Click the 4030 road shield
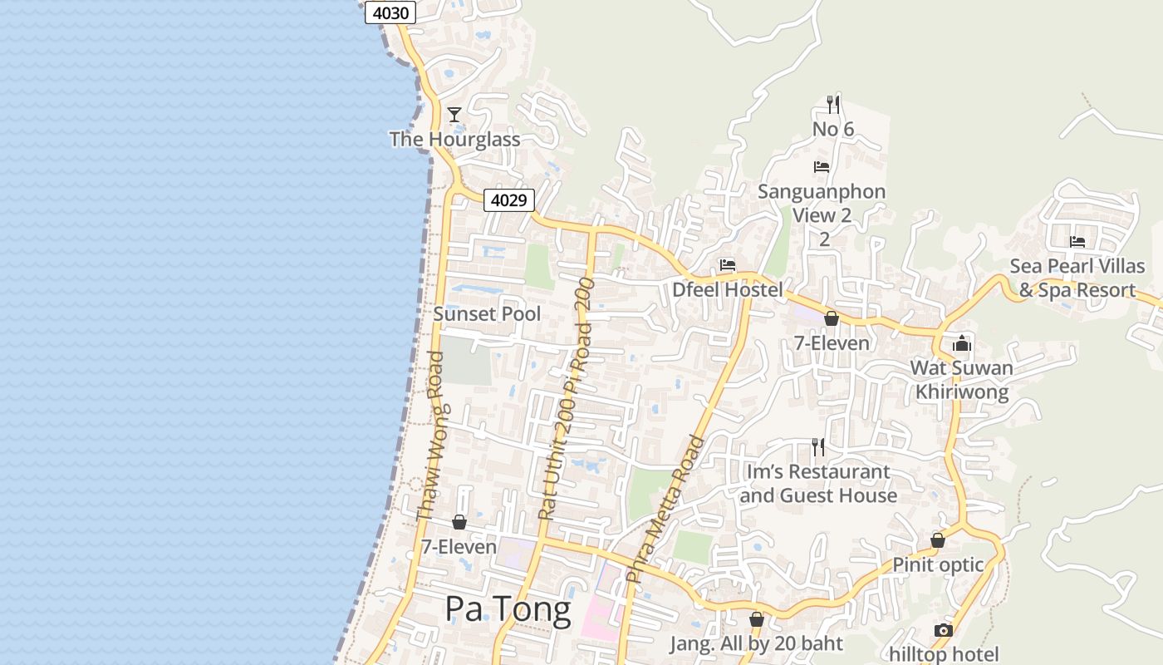click(x=390, y=12)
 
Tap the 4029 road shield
click(x=508, y=200)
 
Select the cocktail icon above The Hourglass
click(x=454, y=114)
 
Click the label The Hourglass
click(x=455, y=139)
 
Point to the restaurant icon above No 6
click(x=833, y=105)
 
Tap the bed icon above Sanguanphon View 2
click(x=822, y=166)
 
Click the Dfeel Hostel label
click(x=728, y=289)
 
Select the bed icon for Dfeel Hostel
click(x=728, y=265)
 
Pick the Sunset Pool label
click(x=487, y=313)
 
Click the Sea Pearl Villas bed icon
click(x=1077, y=242)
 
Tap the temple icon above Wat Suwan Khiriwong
click(x=962, y=342)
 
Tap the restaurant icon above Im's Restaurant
click(x=818, y=447)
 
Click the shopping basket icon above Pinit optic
click(x=938, y=541)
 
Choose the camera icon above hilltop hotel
click(x=943, y=630)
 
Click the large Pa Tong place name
click(x=508, y=609)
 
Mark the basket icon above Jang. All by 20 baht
click(x=756, y=619)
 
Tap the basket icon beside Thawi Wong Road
click(x=459, y=522)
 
